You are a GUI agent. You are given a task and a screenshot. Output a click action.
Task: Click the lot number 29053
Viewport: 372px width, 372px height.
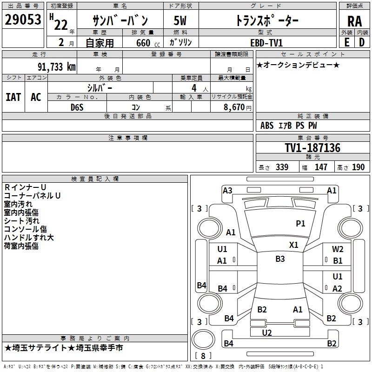[x=23, y=20]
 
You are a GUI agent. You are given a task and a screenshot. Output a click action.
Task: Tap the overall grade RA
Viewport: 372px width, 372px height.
[x=354, y=21]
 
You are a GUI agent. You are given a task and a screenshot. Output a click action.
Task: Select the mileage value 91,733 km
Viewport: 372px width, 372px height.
[x=57, y=67]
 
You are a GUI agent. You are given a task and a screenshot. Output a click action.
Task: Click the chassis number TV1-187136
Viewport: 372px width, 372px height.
[x=312, y=148]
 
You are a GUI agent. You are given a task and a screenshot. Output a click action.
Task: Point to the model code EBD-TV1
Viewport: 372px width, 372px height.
[x=266, y=43]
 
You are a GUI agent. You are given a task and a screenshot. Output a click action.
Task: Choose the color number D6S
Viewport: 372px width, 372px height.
[x=77, y=107]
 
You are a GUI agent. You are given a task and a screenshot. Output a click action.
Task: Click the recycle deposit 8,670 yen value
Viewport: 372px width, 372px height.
[x=238, y=107]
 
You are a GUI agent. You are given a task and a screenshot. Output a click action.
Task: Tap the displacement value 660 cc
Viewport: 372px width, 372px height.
[x=148, y=43]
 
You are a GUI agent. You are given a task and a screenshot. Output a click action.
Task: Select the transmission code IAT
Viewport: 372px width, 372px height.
[x=13, y=97]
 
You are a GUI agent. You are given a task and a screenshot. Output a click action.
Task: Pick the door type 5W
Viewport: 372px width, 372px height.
[x=180, y=20]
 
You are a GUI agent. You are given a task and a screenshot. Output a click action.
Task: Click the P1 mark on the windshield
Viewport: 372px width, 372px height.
[x=300, y=223]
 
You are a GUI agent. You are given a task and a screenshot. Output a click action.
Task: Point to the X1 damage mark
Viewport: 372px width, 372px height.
[x=294, y=245]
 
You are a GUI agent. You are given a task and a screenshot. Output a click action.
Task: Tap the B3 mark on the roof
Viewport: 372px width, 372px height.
[x=280, y=259]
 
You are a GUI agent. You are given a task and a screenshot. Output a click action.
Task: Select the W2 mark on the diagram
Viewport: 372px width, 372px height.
[x=338, y=249]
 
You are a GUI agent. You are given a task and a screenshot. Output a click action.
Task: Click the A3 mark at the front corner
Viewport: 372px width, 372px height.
[x=227, y=191]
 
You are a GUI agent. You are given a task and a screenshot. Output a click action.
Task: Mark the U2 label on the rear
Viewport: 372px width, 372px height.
[x=266, y=333]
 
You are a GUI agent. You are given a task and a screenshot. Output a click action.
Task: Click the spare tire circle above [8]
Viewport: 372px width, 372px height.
[x=203, y=339]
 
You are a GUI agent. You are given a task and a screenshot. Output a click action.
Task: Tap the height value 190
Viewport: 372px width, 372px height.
[x=358, y=167]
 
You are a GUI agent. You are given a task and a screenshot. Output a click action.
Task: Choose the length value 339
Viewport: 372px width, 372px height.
[x=282, y=167]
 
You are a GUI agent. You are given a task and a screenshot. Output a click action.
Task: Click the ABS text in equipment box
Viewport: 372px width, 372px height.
[x=267, y=126]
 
